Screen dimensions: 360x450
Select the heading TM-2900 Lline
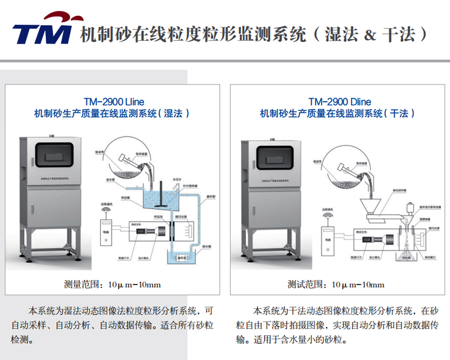coord(114,102)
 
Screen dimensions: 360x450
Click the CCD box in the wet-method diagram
coord(140,231)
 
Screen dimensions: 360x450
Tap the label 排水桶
coord(206,247)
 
